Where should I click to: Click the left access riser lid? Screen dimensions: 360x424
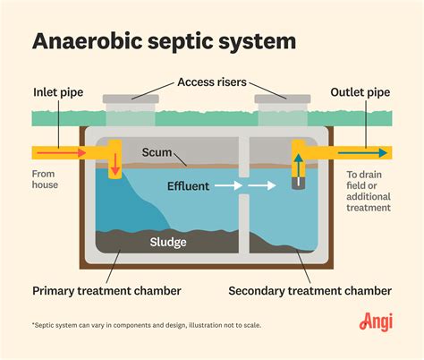point(131,98)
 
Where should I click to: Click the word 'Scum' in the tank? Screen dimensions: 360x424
point(157,153)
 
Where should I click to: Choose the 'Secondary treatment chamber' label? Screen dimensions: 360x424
point(310,290)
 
